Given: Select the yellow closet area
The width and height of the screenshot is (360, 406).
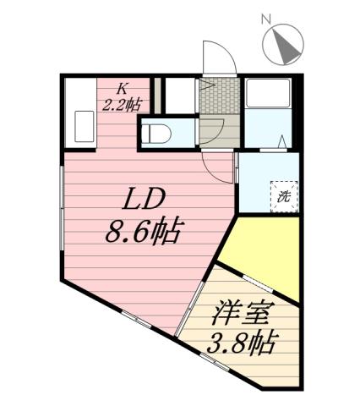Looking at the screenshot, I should (x=258, y=254).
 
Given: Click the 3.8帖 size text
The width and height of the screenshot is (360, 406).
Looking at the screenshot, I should (x=243, y=343).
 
